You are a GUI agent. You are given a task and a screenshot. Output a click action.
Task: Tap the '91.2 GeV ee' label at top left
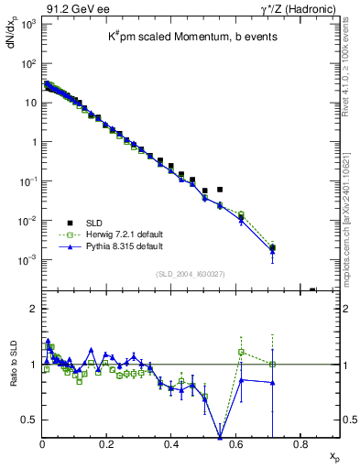point(71,7)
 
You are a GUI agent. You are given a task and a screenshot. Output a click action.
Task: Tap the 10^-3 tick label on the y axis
point(27,260)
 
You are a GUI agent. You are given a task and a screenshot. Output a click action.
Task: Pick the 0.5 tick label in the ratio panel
point(28,420)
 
